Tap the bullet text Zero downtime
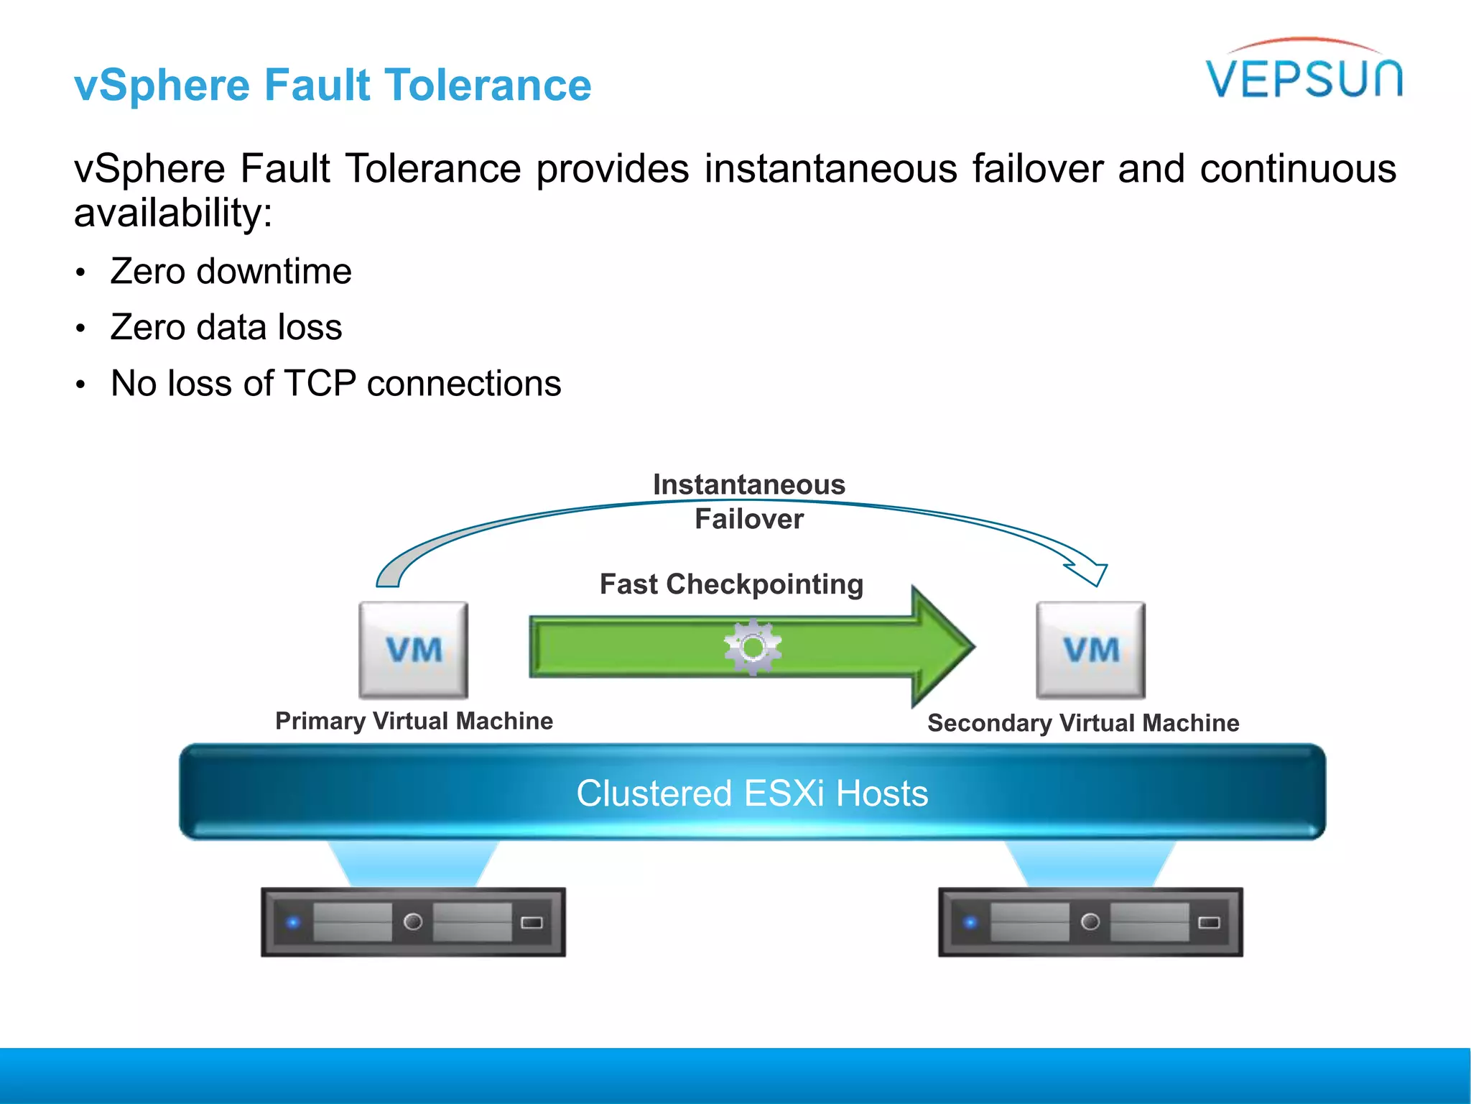click(x=231, y=272)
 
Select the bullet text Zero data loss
click(x=226, y=328)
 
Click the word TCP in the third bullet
click(x=320, y=384)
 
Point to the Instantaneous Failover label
click(x=748, y=502)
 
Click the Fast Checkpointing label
click(x=731, y=584)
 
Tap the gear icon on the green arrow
click(x=752, y=647)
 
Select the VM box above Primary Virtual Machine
click(x=414, y=650)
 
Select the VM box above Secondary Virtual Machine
click(x=1090, y=650)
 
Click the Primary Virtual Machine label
click(x=414, y=721)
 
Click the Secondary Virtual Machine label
click(x=1083, y=723)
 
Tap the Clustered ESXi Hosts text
click(x=752, y=793)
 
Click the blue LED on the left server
click(x=293, y=922)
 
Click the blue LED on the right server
click(x=970, y=922)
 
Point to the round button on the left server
click(x=413, y=921)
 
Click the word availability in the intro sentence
click(x=172, y=213)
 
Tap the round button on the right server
click(x=1090, y=921)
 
